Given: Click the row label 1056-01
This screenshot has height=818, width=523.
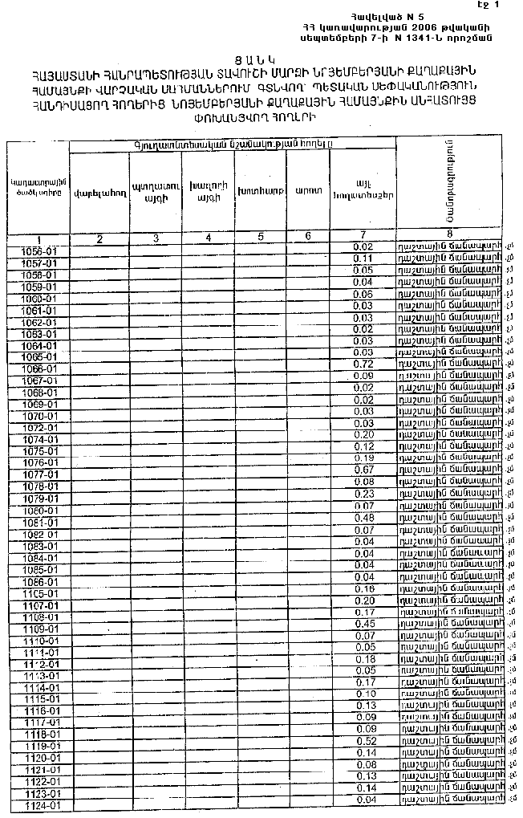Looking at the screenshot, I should coord(38,251).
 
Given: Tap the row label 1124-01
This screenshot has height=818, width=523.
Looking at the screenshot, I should coord(39,805).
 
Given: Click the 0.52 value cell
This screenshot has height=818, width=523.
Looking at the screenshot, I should coord(364,740).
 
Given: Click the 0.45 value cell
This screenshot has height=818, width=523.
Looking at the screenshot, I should coord(364,624).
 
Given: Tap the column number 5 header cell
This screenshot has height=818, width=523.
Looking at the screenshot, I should coord(261,237).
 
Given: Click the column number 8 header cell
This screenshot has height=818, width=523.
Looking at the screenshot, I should coord(451,236).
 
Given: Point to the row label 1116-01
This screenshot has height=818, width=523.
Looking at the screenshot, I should coord(38,711).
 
